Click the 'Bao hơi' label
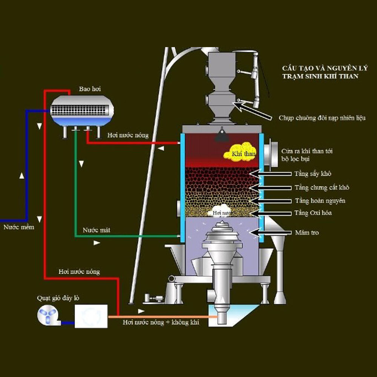point(90,89)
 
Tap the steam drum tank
point(82,110)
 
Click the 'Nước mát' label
point(97,230)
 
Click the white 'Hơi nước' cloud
point(222,211)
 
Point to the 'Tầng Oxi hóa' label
point(313,213)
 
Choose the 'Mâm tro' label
point(307,233)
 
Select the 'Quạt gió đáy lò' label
point(58,298)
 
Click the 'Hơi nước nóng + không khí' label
point(161,323)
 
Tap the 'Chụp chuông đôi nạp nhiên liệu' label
point(322,118)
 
